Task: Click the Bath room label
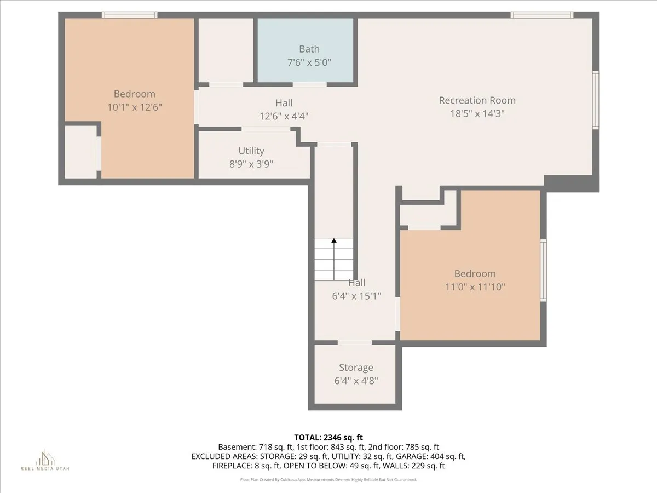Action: pyautogui.click(x=309, y=49)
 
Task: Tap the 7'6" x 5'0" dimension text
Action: pyautogui.click(x=309, y=62)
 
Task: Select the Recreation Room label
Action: pyautogui.click(x=477, y=100)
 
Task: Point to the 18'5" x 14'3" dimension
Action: pyautogui.click(x=477, y=114)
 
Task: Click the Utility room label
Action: pyautogui.click(x=251, y=151)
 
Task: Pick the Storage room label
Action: pyautogui.click(x=356, y=368)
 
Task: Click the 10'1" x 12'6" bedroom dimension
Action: pyautogui.click(x=134, y=107)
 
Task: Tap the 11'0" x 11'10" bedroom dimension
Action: pyautogui.click(x=475, y=286)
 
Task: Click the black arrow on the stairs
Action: pyautogui.click(x=334, y=242)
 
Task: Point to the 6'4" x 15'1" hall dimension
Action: pyautogui.click(x=356, y=296)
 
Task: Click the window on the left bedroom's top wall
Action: pyautogui.click(x=130, y=15)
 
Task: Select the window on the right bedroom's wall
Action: pyautogui.click(x=543, y=270)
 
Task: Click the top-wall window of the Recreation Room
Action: pyautogui.click(x=542, y=15)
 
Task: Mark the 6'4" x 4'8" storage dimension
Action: pyautogui.click(x=356, y=381)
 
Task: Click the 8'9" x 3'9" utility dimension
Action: pyautogui.click(x=251, y=164)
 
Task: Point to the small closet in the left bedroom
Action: pyautogui.click(x=80, y=152)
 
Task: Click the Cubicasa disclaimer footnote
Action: pyautogui.click(x=328, y=480)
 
